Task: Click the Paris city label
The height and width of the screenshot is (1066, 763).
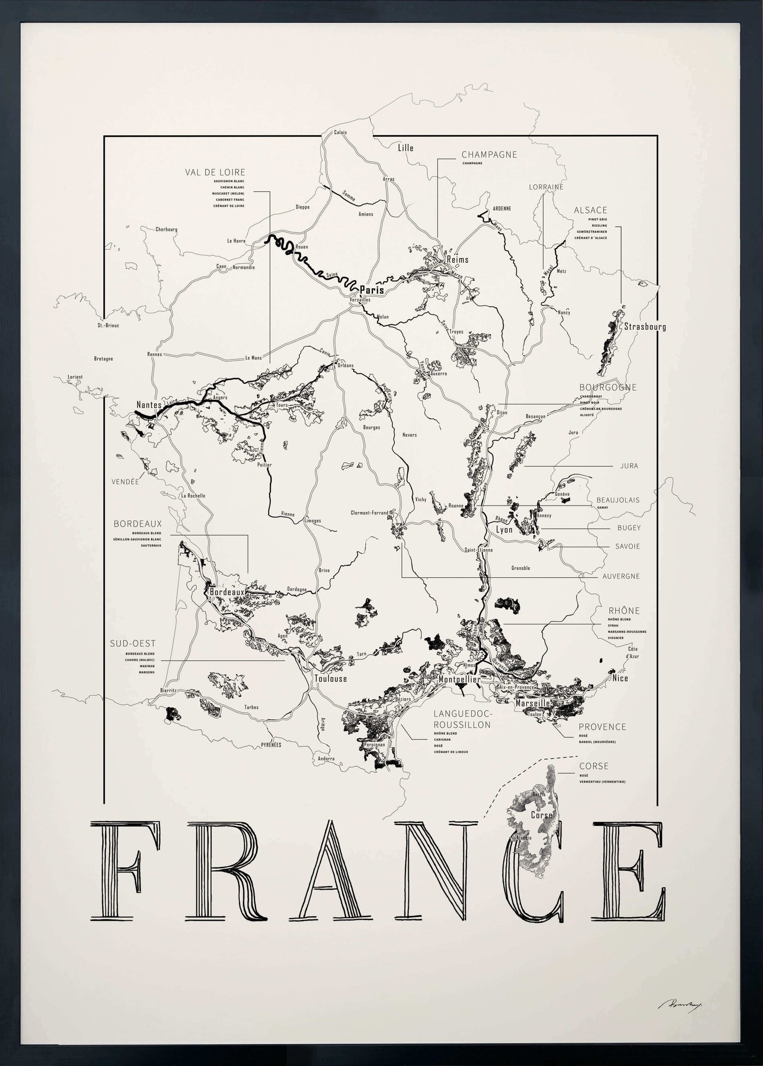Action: coord(371,290)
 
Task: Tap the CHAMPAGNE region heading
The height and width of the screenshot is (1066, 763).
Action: coord(489,155)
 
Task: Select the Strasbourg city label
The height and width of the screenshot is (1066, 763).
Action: coord(644,327)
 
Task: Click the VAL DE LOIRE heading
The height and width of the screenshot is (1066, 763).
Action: coord(215,172)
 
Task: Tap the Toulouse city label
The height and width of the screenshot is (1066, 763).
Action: coord(330,678)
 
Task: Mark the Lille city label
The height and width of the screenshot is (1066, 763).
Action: coord(405,148)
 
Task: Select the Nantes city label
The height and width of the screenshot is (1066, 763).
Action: coord(149,405)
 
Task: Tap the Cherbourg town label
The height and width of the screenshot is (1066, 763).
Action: coord(166,229)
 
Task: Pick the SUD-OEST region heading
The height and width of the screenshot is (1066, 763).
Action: coord(133,643)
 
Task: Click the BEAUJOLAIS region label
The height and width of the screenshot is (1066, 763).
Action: coord(618,500)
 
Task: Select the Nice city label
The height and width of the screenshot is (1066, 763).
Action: coord(620,678)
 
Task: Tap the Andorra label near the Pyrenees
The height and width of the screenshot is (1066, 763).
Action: coord(326,758)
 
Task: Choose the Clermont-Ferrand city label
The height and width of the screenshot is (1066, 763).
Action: coord(369,513)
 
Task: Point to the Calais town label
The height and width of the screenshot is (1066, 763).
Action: coord(340,132)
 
